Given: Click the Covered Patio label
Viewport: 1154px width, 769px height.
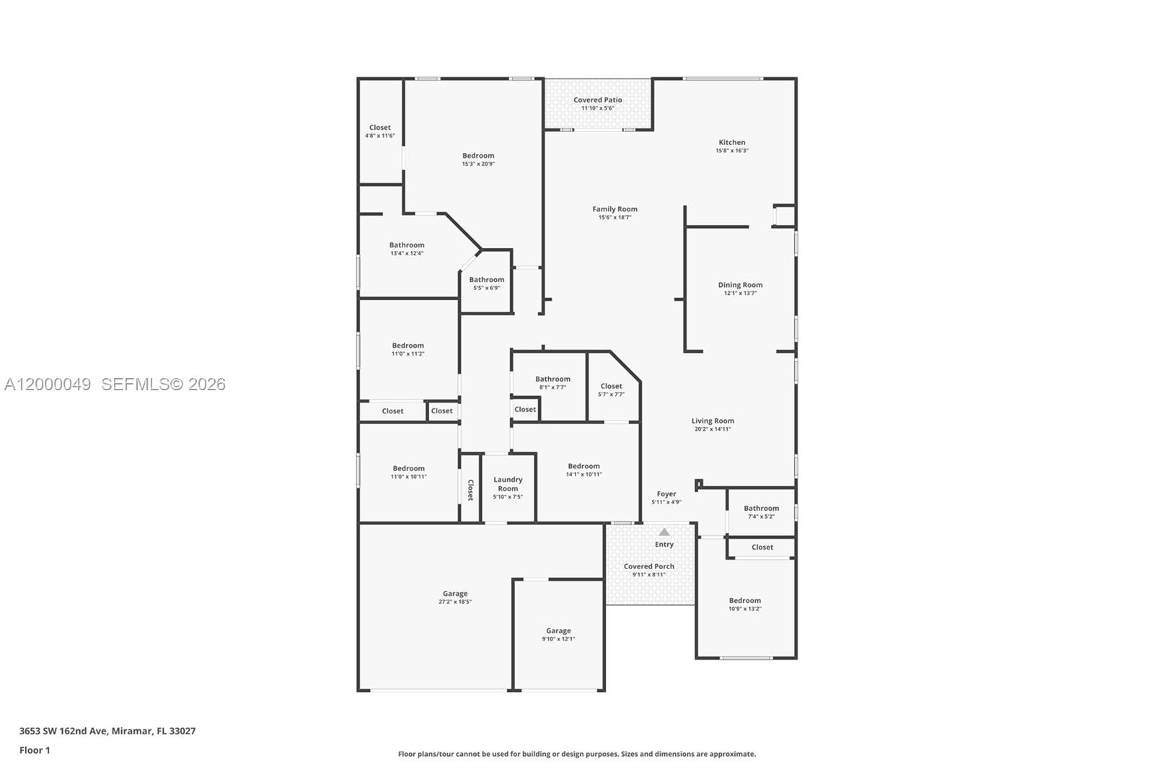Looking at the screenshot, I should point(597,100).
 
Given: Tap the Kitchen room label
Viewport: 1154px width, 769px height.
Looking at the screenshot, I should point(731,143).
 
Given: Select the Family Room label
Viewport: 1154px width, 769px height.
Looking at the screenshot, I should point(615,209).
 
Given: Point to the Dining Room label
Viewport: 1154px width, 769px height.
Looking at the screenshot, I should point(740,285).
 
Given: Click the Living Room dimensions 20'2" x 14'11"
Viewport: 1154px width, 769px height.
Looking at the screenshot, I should point(713,429).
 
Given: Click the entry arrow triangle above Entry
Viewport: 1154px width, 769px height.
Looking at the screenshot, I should point(664,532).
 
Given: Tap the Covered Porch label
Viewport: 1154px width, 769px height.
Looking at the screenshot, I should point(648,566).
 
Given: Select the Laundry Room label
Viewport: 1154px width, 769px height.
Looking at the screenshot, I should point(508,484).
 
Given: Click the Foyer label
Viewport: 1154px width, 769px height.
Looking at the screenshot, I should point(666,494).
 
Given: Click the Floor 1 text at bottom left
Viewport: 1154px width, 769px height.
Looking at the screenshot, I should point(35,750).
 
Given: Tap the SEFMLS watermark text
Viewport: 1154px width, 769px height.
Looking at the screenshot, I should point(163,384).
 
